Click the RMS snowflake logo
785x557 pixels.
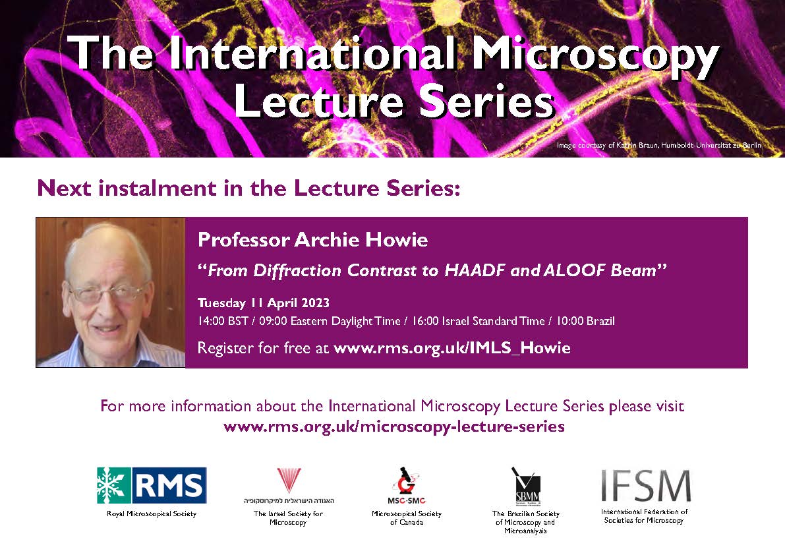pos(152,485)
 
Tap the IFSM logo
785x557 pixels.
pos(645,486)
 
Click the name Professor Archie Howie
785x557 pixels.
pos(312,241)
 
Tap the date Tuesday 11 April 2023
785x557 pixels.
pos(264,304)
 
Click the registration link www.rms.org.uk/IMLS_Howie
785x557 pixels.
pos(452,348)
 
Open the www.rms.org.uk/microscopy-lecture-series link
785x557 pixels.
pos(394,426)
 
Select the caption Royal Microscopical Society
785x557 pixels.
pos(152,513)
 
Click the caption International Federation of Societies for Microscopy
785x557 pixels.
pos(645,515)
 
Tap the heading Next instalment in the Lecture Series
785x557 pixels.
pos(247,188)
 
